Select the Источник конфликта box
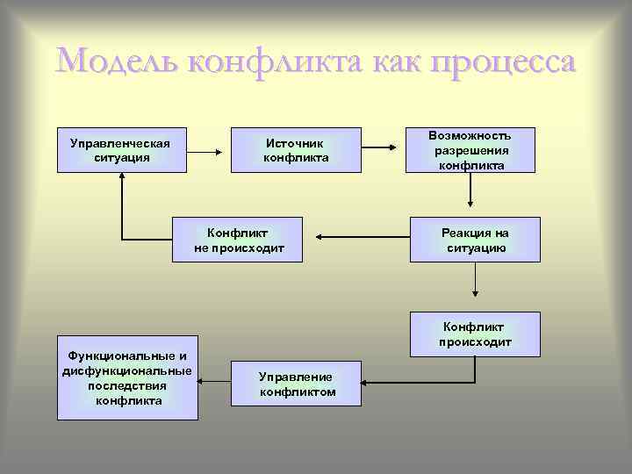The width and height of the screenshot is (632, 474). tap(296, 150)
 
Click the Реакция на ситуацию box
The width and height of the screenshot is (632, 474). tap(475, 240)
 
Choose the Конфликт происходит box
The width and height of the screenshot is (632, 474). tap(475, 334)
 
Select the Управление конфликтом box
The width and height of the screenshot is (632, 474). tap(296, 384)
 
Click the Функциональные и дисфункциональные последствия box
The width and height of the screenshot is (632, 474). tap(127, 378)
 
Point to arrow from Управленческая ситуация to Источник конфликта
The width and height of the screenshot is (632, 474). tap(207, 151)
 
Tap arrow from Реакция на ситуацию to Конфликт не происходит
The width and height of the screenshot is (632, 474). tap(363, 236)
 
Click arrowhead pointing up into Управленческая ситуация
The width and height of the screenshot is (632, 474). tap(122, 180)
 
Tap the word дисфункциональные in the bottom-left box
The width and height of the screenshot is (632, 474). tap(127, 371)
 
